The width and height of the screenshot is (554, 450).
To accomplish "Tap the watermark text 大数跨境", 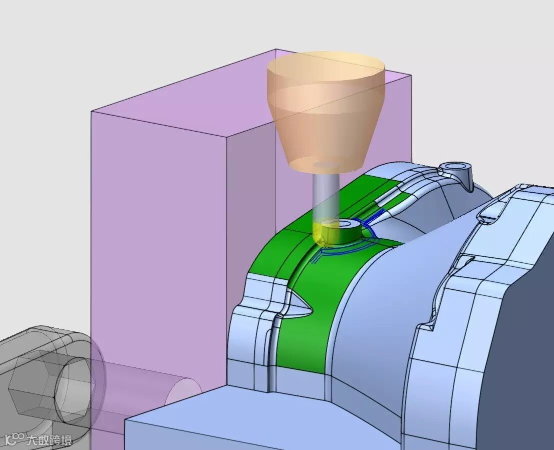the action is (49, 440).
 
